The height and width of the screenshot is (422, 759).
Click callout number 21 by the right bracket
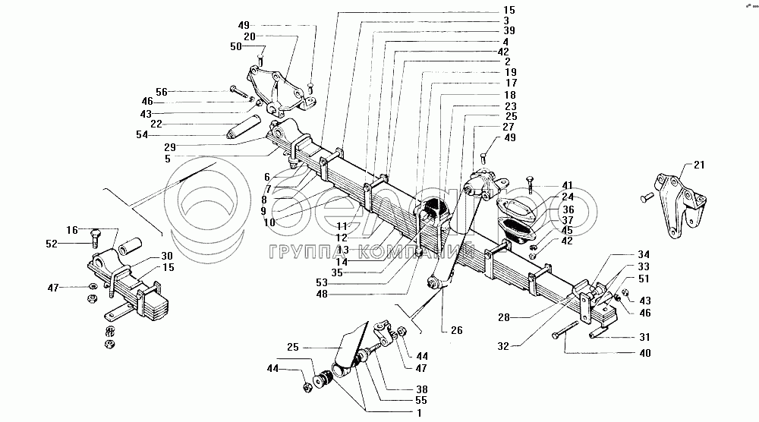tap(699, 165)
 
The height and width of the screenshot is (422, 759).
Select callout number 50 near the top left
tap(236, 46)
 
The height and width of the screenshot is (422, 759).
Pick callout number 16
tap(72, 228)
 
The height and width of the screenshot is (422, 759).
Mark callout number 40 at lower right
tap(644, 353)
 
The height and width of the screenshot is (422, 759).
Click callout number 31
tap(644, 338)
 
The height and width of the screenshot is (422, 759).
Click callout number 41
tap(568, 184)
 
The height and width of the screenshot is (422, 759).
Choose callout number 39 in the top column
tap(509, 30)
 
